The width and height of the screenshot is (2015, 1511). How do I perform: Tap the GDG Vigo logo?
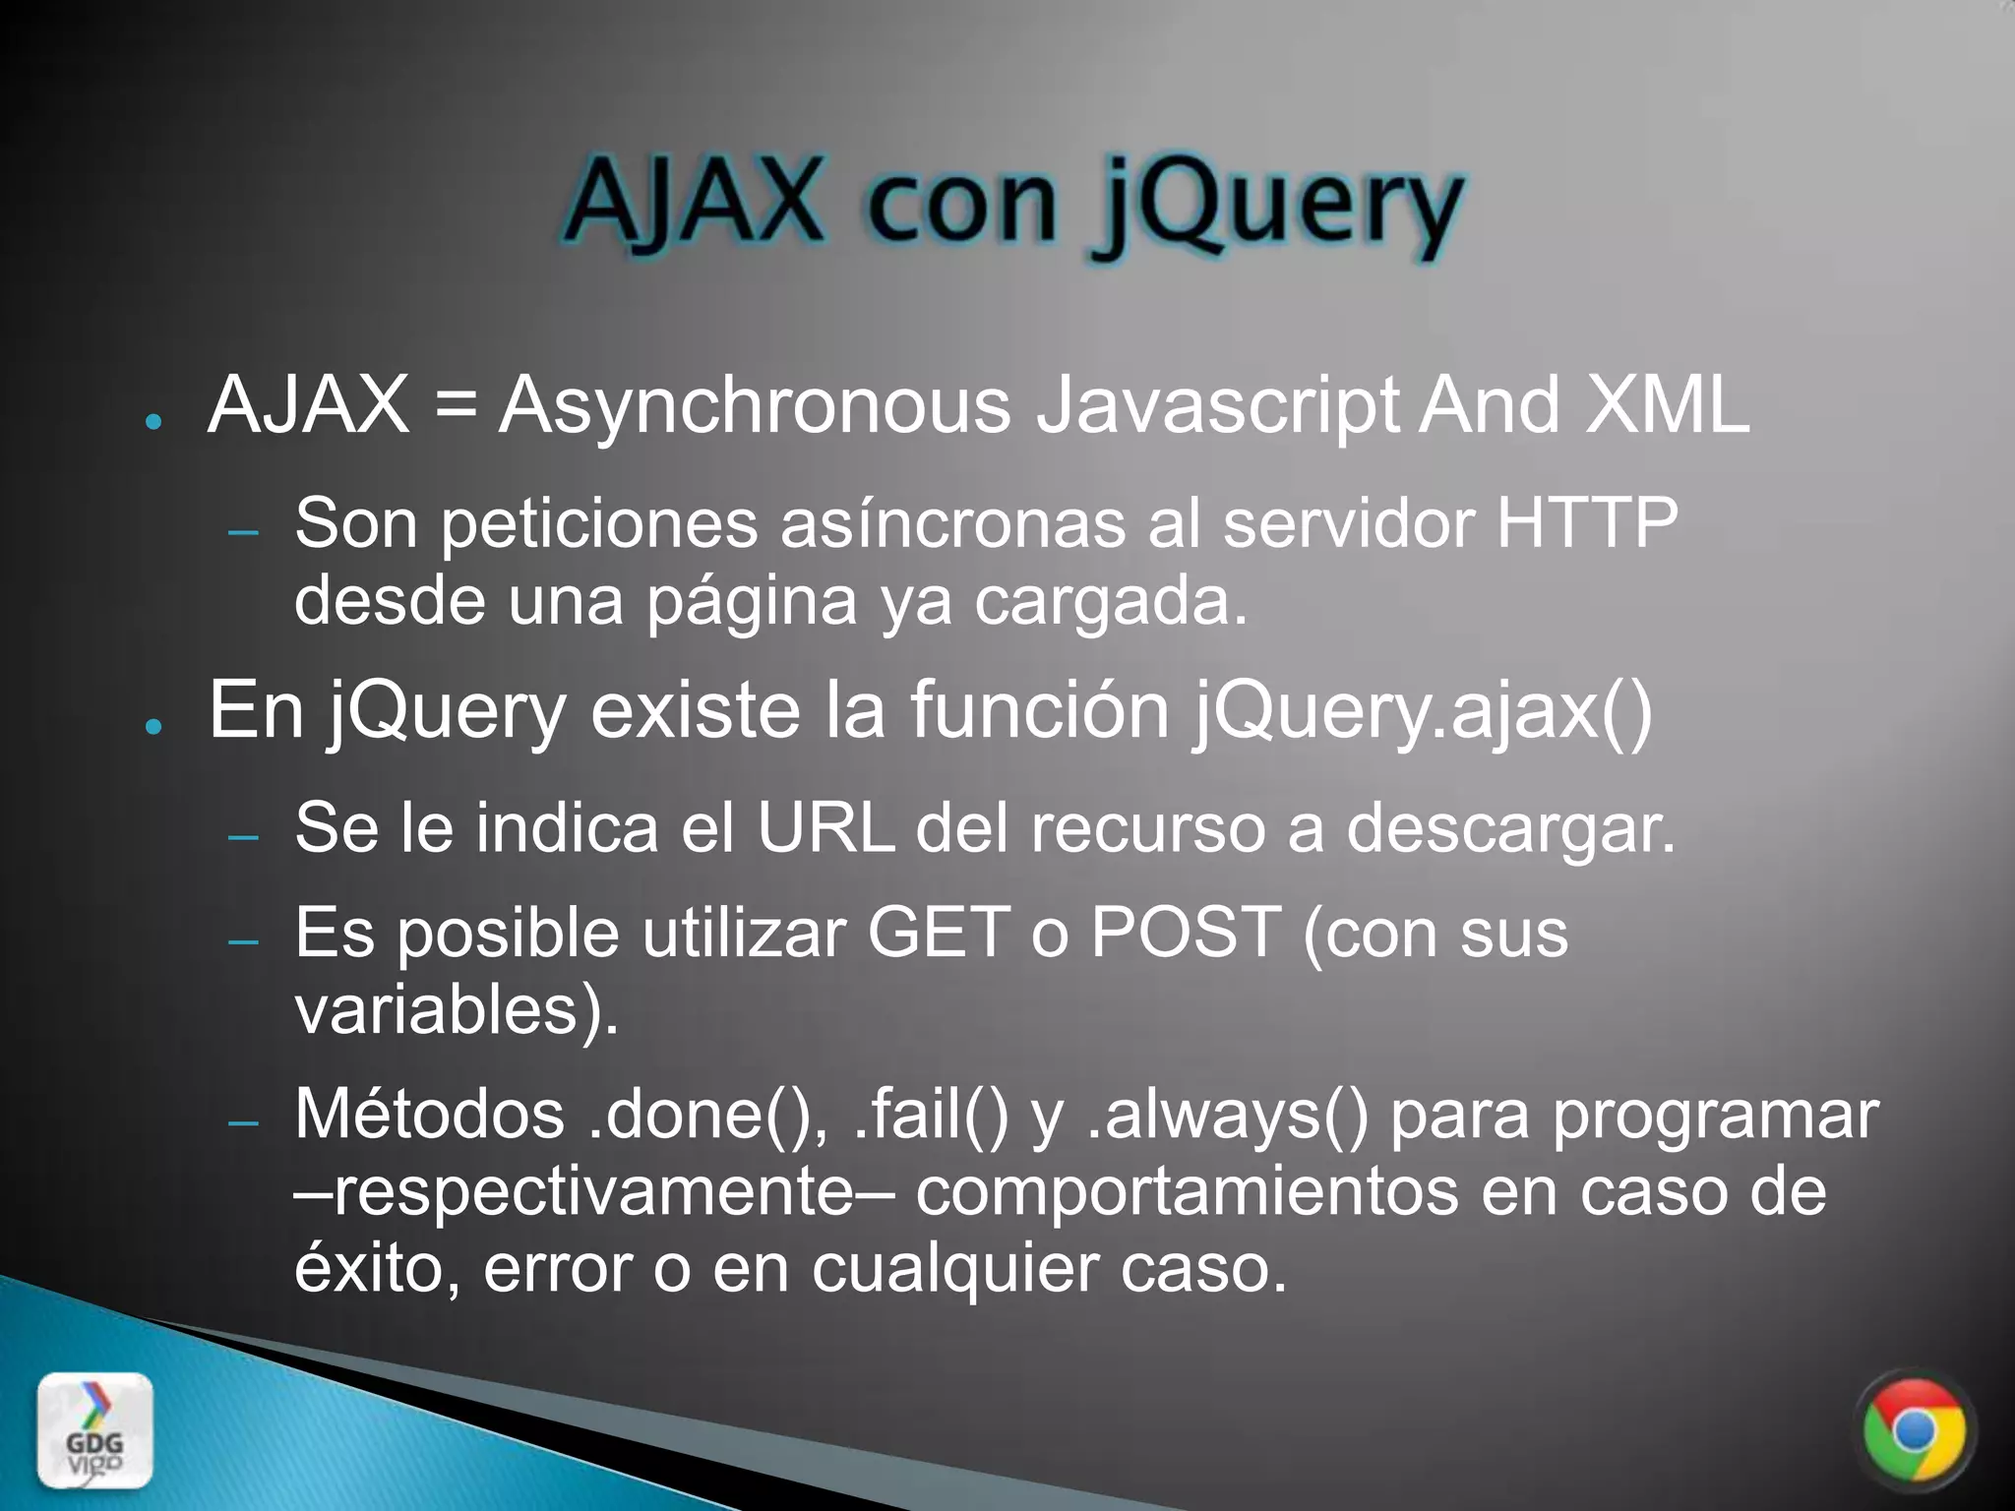point(95,1430)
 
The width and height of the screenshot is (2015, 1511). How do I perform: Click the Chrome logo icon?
point(1914,1430)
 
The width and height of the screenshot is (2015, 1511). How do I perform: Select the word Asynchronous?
point(755,405)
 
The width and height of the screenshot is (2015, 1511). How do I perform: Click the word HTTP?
point(1586,522)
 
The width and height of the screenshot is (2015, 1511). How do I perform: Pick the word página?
point(752,602)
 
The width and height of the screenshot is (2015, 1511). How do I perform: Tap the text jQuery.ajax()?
point(1423,710)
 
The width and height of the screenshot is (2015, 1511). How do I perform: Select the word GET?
point(938,932)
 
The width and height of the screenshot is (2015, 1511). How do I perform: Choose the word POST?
point(1185,932)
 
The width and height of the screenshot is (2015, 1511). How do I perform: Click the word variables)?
point(457,1010)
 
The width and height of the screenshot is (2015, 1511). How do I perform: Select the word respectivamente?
point(594,1192)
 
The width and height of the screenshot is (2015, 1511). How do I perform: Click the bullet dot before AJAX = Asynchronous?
point(153,421)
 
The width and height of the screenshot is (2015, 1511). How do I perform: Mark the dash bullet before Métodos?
point(243,1122)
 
